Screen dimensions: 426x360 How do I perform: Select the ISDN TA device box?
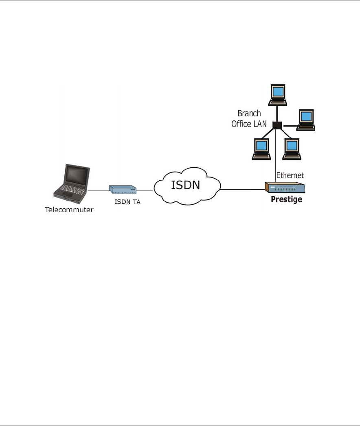point(123,190)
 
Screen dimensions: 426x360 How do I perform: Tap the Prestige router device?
point(285,188)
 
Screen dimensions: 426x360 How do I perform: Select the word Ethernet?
point(290,175)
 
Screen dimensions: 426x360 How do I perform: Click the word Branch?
point(249,114)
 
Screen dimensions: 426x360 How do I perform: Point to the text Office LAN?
point(249,124)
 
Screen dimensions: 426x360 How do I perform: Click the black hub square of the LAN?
point(277,125)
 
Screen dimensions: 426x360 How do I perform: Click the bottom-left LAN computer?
point(261,149)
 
